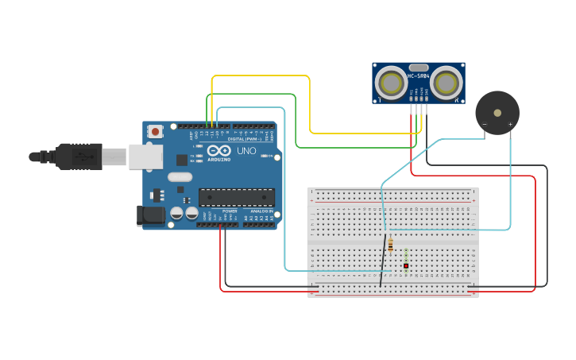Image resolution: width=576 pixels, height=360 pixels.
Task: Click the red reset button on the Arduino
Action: click(x=156, y=131)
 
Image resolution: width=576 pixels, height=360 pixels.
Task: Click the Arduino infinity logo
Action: click(x=219, y=149)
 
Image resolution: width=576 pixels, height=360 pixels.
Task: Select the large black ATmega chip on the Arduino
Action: click(x=237, y=197)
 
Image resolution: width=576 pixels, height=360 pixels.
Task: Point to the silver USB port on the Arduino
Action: click(x=145, y=157)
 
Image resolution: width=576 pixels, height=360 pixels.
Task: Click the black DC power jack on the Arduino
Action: click(x=151, y=215)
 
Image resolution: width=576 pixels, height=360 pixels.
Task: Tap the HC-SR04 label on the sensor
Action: click(x=419, y=76)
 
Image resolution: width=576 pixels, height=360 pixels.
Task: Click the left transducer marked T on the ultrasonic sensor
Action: click(x=390, y=83)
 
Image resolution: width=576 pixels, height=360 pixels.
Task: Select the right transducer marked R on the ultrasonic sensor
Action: click(x=447, y=83)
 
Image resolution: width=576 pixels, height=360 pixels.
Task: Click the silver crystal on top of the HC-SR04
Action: click(x=419, y=68)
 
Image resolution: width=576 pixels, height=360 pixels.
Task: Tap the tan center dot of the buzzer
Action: click(x=497, y=113)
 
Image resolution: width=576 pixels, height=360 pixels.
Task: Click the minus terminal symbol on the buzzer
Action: click(x=485, y=124)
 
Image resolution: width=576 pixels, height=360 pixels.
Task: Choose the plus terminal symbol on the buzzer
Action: click(x=510, y=124)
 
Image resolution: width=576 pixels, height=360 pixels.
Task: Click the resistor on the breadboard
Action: click(x=390, y=246)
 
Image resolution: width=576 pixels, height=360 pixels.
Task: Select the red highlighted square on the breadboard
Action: click(x=406, y=265)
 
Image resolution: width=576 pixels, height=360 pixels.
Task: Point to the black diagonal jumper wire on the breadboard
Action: click(x=384, y=262)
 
